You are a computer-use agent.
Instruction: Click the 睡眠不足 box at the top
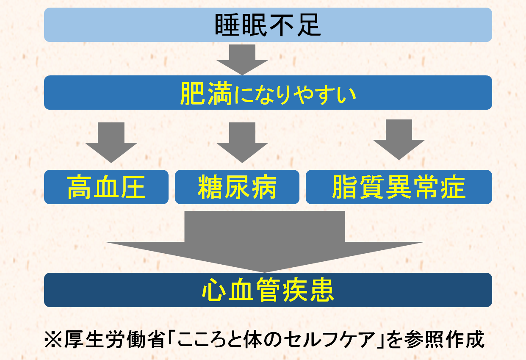[268, 25]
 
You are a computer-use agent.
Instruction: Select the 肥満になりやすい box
[268, 92]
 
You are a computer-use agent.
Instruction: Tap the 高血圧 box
[106, 187]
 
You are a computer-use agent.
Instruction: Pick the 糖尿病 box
[237, 187]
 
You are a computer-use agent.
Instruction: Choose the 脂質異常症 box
[399, 187]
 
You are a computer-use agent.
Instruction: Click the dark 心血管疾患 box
[268, 290]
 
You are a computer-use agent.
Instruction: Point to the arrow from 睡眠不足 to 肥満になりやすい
[242, 59]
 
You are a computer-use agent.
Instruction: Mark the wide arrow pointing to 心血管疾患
[265, 241]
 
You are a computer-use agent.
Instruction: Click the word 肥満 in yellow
[206, 93]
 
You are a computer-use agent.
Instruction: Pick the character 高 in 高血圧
[80, 187]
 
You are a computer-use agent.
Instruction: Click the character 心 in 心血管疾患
[214, 290]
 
